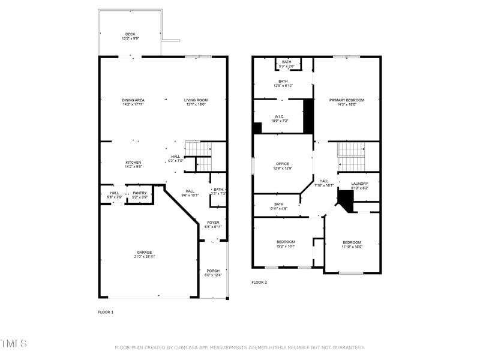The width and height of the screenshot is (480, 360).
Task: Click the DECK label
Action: (130, 34)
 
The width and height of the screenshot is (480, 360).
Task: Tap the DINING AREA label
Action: (133, 100)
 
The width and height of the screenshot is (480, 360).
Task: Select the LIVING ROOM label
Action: (196, 100)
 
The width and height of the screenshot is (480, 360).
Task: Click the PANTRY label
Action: (140, 193)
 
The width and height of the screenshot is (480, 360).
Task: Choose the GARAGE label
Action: (144, 252)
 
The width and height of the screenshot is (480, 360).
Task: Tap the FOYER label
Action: (214, 223)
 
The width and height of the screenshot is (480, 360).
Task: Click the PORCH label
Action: (213, 271)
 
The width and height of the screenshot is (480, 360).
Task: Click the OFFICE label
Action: (283, 164)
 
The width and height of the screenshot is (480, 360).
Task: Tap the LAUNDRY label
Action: (359, 184)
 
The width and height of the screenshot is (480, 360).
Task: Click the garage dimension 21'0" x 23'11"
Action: (144, 257)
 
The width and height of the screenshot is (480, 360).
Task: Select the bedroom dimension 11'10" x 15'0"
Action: (352, 247)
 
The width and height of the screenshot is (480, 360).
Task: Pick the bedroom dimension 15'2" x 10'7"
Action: (286, 247)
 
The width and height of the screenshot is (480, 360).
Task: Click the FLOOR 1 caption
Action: (106, 312)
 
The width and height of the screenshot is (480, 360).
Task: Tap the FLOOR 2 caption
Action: (259, 282)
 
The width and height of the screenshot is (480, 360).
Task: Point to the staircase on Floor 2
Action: (352, 156)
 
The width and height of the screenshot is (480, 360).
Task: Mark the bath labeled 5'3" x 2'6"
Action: (287, 64)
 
